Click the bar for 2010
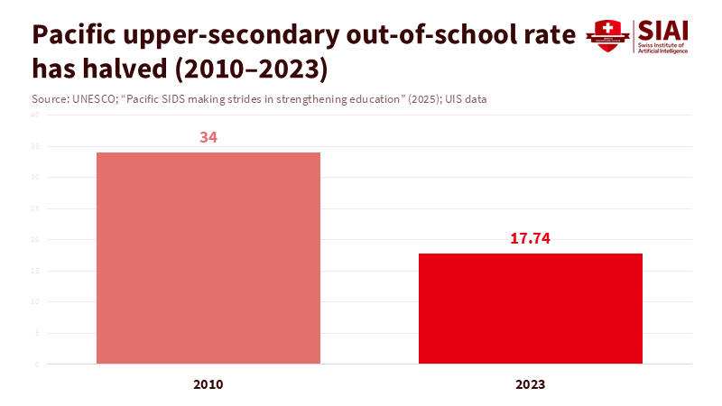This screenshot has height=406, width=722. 208,258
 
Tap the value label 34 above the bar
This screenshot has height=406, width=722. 208,137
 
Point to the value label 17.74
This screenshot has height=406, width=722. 531,239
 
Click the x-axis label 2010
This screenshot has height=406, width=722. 208,384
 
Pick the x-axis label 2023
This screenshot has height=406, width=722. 531,384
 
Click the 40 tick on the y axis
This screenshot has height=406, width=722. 36,115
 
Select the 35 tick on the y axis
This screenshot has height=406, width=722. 36,146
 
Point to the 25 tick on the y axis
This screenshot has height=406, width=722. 36,208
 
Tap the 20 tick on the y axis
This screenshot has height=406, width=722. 36,240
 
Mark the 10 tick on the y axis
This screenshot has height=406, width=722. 36,302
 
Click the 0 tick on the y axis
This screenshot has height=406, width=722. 37,364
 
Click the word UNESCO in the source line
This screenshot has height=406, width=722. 92,98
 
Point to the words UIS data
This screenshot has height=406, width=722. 466,98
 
